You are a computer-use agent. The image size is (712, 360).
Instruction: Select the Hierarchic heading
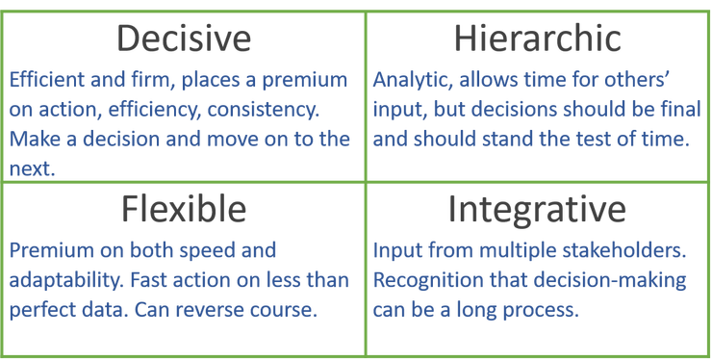point(537,39)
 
